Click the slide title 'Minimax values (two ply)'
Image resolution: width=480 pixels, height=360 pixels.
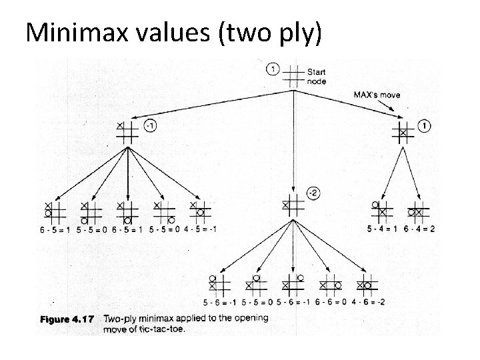(173, 31)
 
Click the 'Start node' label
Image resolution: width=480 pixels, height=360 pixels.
(317, 76)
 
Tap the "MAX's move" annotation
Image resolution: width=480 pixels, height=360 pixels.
(376, 95)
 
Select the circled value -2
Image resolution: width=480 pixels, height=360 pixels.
(313, 193)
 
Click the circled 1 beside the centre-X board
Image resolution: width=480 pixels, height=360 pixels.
(425, 125)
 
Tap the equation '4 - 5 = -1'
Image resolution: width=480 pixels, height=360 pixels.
(200, 229)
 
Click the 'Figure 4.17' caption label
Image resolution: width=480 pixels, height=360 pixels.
(67, 319)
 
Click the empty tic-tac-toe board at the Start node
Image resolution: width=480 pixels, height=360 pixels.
(293, 75)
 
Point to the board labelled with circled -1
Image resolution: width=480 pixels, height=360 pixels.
(127, 132)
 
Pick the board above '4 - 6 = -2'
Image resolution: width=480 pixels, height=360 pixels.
(365, 284)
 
